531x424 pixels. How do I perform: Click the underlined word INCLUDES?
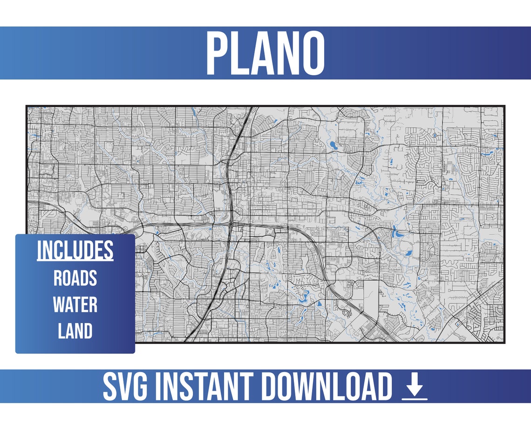(x=75, y=251)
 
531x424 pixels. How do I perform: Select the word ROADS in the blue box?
(x=75, y=278)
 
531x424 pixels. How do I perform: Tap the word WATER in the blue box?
(x=75, y=305)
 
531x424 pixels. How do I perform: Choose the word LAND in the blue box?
(x=75, y=331)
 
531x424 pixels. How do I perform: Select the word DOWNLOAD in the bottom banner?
(x=326, y=386)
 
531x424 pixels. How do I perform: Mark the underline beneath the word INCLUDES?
(x=75, y=260)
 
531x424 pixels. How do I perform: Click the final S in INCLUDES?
(x=109, y=251)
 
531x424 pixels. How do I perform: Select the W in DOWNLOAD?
(x=301, y=386)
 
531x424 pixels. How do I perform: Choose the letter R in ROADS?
(x=58, y=278)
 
